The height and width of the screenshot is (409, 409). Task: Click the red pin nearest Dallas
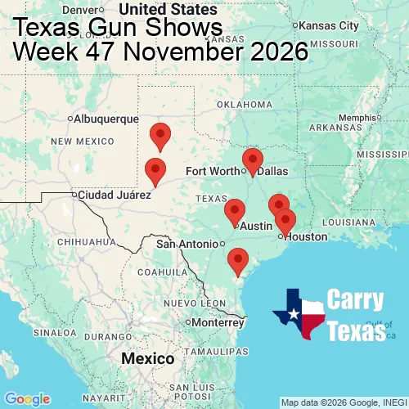click(x=254, y=160)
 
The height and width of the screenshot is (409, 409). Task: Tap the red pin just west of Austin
click(x=235, y=210)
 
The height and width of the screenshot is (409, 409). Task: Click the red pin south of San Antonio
click(x=238, y=259)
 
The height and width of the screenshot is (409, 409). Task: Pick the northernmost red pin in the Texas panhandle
click(x=160, y=135)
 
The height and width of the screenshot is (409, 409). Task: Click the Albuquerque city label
click(x=106, y=119)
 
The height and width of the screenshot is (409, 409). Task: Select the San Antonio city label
click(x=188, y=244)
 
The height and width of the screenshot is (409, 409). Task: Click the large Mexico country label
click(x=147, y=359)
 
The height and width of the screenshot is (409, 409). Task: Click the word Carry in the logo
click(x=355, y=300)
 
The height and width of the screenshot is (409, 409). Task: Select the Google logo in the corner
click(x=27, y=399)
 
